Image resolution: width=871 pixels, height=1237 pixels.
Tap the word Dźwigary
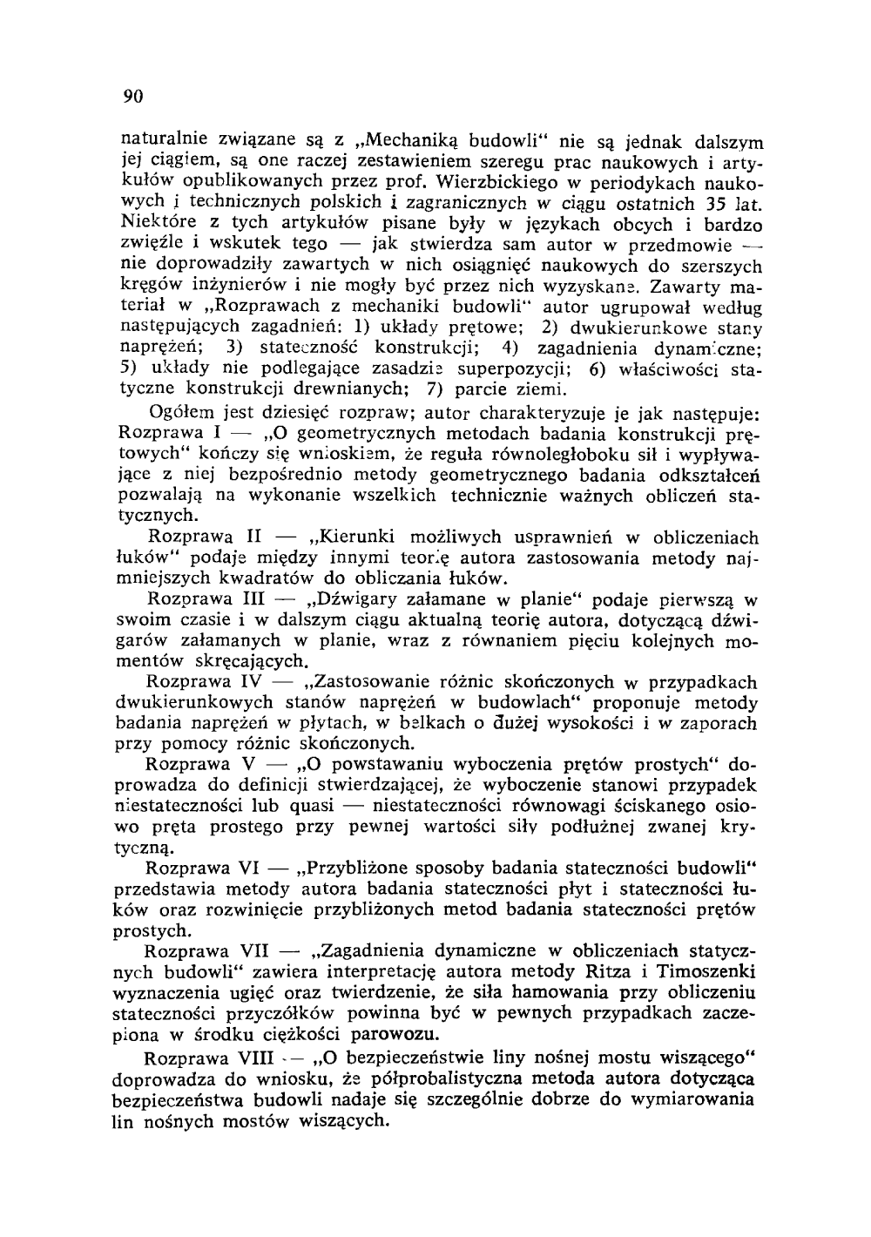click(355, 600)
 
